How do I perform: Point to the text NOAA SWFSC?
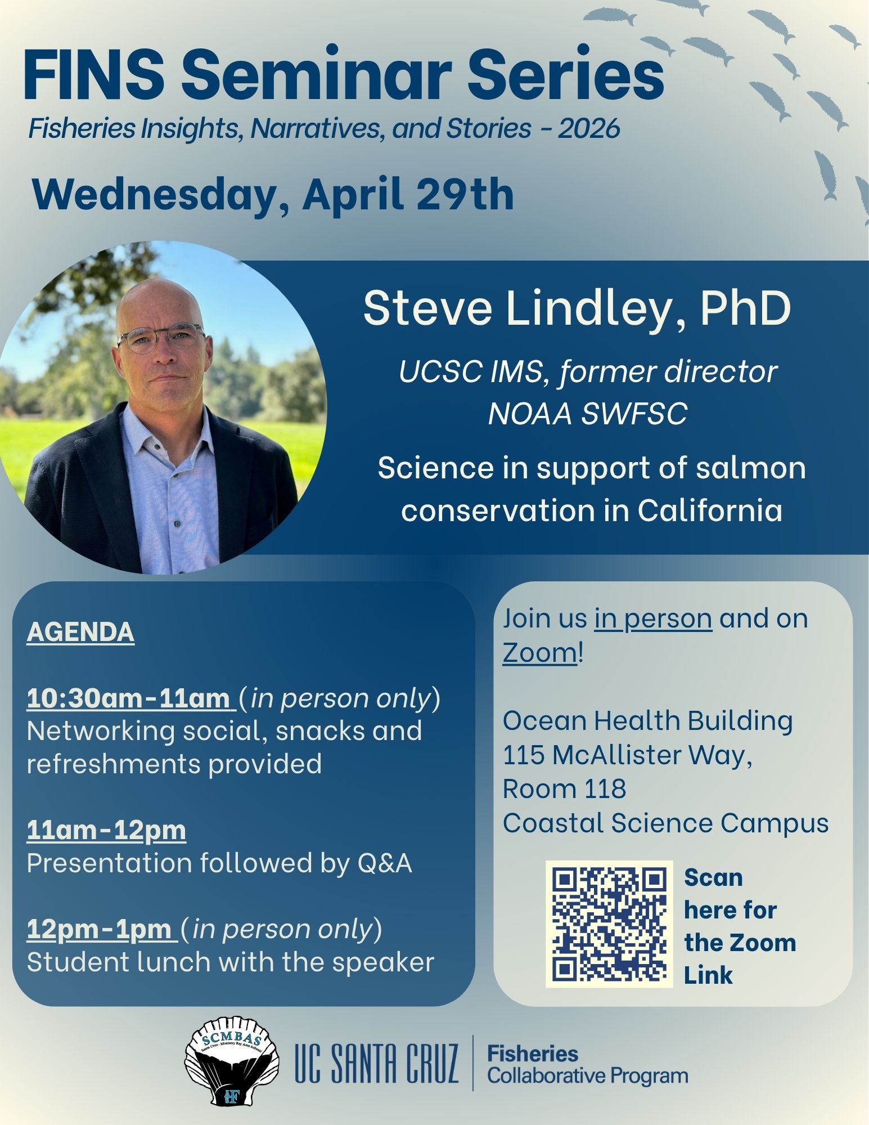pyautogui.click(x=588, y=414)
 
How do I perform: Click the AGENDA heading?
pyautogui.click(x=80, y=631)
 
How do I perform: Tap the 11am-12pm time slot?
pyautogui.click(x=106, y=830)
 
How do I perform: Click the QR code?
pyautogui.click(x=609, y=924)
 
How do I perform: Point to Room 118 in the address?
pyautogui.click(x=564, y=788)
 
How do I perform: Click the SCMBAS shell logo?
pyautogui.click(x=232, y=1060)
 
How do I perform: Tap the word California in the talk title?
pyautogui.click(x=710, y=511)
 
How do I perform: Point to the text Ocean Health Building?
pyautogui.click(x=648, y=720)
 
